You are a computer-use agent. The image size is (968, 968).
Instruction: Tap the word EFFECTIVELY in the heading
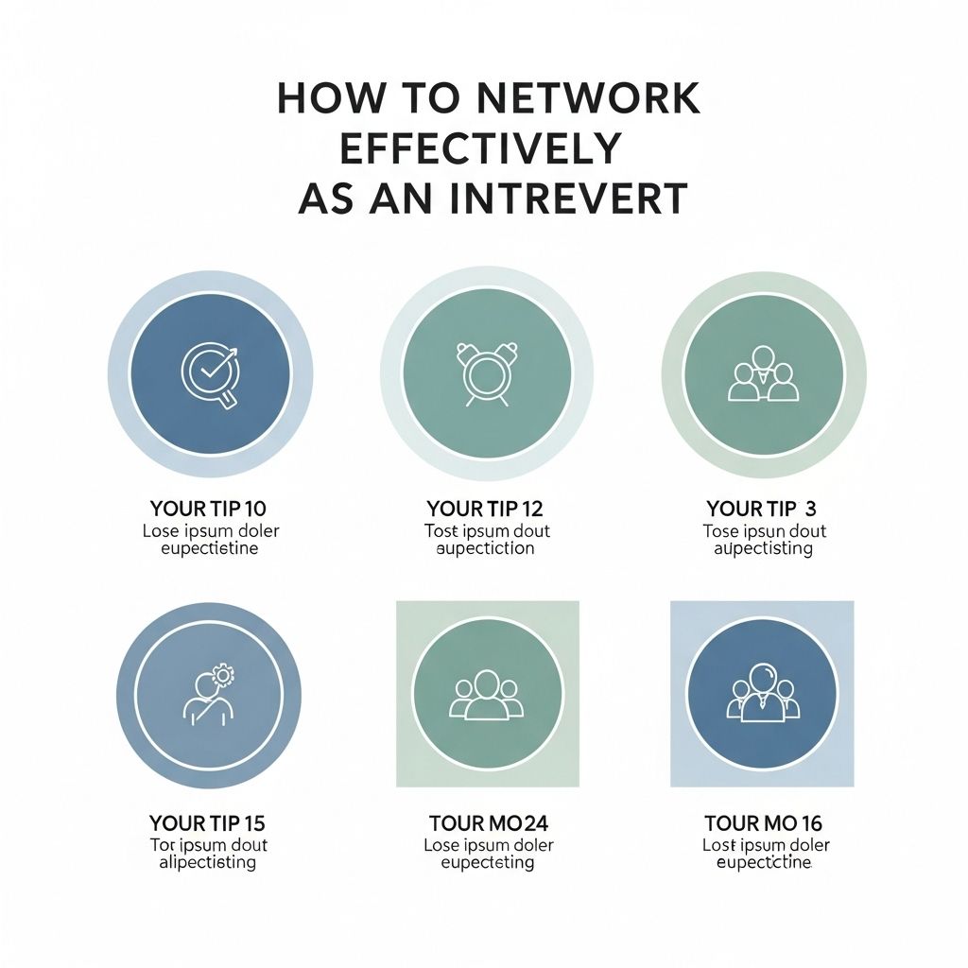(x=480, y=149)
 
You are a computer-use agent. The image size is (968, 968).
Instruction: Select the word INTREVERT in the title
(x=565, y=199)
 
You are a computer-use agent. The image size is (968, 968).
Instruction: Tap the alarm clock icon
(x=486, y=372)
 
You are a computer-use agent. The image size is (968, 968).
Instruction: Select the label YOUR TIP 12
(x=485, y=510)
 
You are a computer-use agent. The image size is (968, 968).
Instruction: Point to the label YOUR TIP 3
(x=762, y=510)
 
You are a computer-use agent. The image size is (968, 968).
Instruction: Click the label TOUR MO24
(x=488, y=823)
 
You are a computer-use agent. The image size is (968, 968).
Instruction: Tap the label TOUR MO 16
(x=764, y=823)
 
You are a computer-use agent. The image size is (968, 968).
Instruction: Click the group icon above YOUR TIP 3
(x=763, y=374)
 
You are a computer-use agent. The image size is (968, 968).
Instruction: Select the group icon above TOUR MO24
(x=487, y=695)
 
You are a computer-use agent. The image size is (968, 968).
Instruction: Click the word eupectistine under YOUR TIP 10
(x=211, y=548)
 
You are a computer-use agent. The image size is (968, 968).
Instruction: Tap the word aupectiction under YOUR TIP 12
(x=486, y=548)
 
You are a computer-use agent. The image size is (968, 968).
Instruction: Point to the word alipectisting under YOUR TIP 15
(x=208, y=862)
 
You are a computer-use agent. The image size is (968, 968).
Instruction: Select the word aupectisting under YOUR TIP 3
(x=763, y=549)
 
